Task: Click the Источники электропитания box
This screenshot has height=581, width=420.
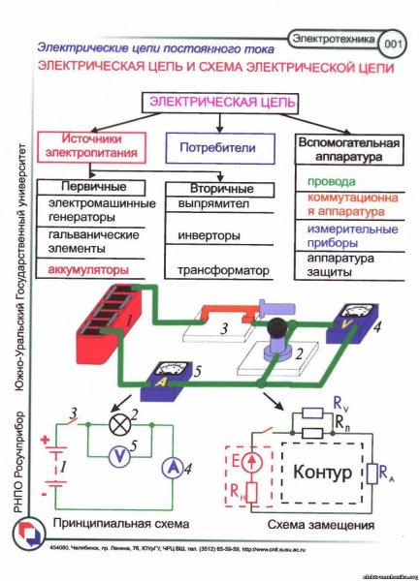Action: [x=82, y=146]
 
